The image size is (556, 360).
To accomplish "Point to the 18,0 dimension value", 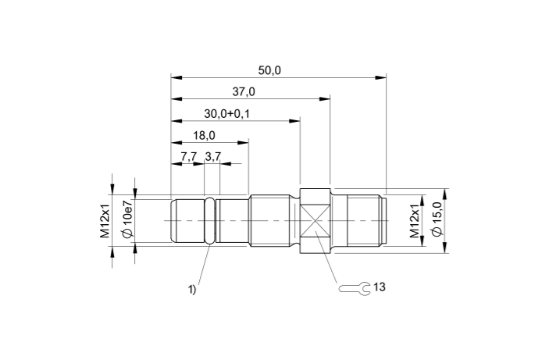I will coord(205,135).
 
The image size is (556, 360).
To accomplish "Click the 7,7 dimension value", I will coord(188,157).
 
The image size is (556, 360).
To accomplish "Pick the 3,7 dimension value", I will coord(212,157).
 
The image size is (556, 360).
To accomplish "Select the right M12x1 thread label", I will coord(415,221).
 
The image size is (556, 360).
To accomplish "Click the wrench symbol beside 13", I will coord(355,288).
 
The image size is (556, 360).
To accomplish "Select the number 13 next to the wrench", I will coord(380,287).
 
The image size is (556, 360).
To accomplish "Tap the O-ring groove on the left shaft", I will coord(211,221).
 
